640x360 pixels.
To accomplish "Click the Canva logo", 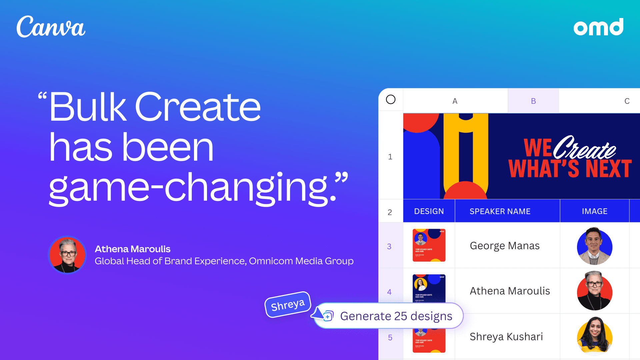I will [51, 27].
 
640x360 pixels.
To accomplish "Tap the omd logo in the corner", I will [598, 27].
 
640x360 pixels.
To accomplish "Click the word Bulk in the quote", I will [88, 107].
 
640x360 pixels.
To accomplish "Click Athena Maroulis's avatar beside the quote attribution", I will [67, 255].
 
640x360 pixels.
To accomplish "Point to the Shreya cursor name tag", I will [288, 305].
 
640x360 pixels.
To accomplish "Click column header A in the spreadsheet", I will [455, 101].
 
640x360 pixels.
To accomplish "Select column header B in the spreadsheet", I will [533, 101].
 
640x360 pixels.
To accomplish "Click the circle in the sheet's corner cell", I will [391, 99].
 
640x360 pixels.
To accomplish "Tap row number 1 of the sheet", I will [390, 157].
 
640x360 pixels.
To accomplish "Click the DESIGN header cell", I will [429, 211].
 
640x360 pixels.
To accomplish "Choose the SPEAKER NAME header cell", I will [500, 211].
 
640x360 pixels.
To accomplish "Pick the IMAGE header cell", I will [595, 211].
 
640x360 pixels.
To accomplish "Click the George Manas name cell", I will [505, 246].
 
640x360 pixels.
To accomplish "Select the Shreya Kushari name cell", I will [506, 337].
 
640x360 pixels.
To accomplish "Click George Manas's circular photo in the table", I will [595, 246].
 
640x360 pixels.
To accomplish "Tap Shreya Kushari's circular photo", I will [595, 336].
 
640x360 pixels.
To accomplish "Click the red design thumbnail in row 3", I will [429, 245].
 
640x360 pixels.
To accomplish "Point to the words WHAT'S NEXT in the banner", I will [570, 169].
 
